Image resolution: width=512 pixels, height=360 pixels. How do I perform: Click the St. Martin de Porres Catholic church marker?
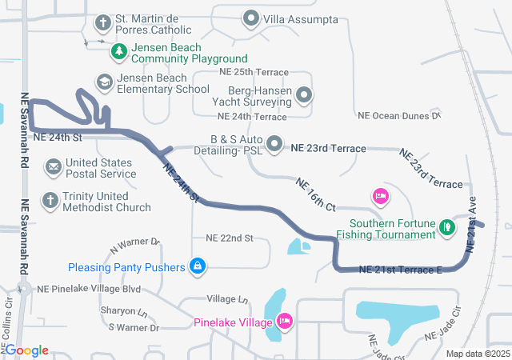(103, 21)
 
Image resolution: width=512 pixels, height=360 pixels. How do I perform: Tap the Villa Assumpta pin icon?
(251, 18)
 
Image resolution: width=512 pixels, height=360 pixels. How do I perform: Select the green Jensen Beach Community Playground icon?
(119, 52)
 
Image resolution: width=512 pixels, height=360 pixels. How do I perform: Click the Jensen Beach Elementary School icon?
(104, 82)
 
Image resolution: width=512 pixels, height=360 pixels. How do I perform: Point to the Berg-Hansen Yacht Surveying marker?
(304, 96)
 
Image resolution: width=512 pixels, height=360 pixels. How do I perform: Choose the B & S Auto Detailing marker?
(275, 144)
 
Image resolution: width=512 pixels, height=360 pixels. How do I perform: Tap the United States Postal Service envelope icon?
(53, 167)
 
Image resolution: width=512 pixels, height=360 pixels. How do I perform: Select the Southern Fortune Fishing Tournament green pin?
(449, 229)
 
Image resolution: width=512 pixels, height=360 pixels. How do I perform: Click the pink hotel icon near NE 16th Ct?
(381, 195)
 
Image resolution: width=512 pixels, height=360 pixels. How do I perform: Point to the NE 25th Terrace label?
(237, 71)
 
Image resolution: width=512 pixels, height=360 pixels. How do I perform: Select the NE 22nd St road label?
(229, 238)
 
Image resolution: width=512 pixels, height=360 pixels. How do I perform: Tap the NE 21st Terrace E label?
(401, 270)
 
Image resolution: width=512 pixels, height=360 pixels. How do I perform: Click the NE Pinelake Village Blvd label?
(90, 288)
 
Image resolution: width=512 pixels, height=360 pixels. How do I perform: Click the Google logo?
(26, 350)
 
